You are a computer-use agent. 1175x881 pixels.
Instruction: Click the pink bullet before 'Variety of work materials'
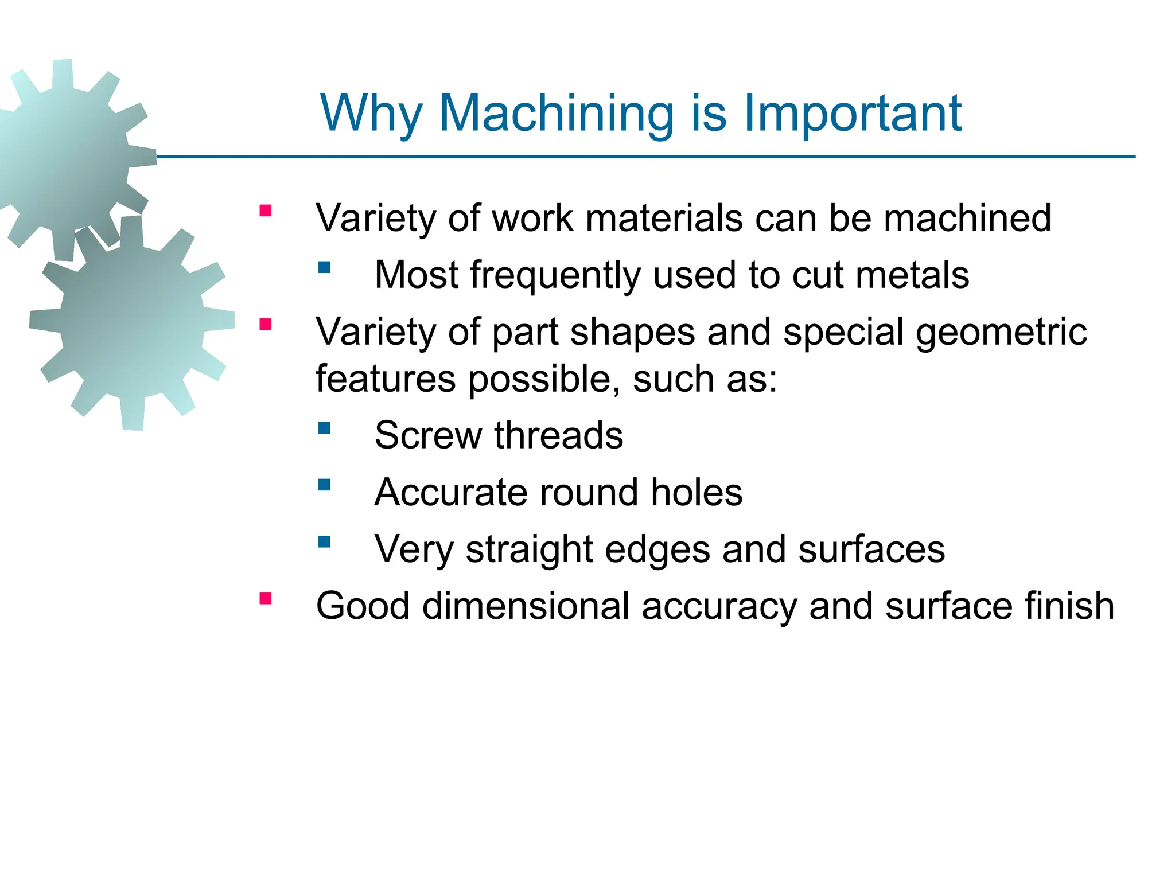coord(265,210)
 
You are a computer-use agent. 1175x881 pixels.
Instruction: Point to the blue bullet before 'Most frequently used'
coord(325,267)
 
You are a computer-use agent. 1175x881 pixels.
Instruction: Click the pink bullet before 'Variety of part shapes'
coord(265,325)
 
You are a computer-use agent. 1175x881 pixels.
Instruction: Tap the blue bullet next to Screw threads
coord(325,428)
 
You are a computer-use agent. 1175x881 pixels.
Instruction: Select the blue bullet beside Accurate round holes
coord(325,485)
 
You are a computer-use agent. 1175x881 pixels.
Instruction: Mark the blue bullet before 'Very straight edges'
coord(325,541)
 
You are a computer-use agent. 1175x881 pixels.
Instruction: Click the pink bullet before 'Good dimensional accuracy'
coord(265,599)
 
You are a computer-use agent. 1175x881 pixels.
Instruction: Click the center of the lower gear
coord(132,324)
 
